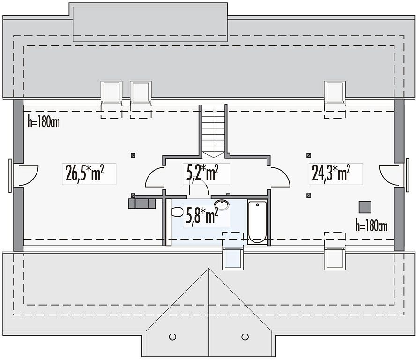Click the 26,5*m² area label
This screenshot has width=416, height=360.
pyautogui.click(x=84, y=173)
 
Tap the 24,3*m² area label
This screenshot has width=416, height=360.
pyautogui.click(x=331, y=173)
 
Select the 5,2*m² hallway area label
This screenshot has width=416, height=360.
pyautogui.click(x=202, y=173)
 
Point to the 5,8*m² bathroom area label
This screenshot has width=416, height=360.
pyautogui.click(x=202, y=215)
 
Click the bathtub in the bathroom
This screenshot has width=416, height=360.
pyautogui.click(x=257, y=222)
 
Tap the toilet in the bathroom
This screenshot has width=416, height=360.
pyautogui.click(x=177, y=212)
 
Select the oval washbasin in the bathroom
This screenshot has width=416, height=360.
pyautogui.click(x=222, y=205)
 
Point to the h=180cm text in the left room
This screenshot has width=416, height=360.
pyautogui.click(x=44, y=122)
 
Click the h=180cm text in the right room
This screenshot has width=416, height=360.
pyautogui.click(x=371, y=226)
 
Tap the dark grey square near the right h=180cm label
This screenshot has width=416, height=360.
pyautogui.click(x=365, y=207)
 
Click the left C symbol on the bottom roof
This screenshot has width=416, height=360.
pyautogui.click(x=172, y=337)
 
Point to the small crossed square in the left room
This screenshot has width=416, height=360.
pyautogui.click(x=133, y=155)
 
